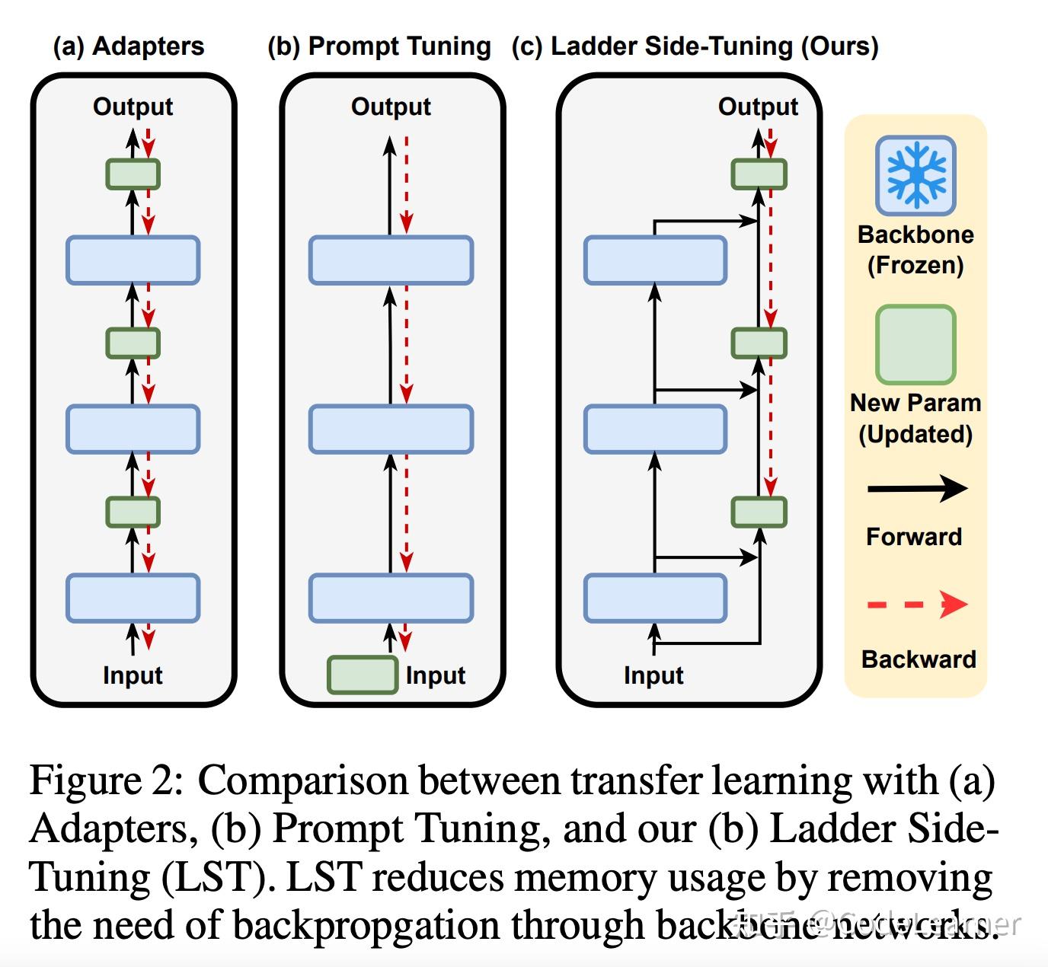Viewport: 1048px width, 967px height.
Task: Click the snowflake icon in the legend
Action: pos(915,175)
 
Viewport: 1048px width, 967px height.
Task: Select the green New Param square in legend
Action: pos(915,344)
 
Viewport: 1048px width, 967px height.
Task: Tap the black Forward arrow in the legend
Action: pos(917,488)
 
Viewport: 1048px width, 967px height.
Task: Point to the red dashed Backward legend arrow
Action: pos(917,605)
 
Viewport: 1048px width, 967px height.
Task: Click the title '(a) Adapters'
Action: pos(128,46)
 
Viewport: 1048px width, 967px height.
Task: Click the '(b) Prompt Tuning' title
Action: pos(379,46)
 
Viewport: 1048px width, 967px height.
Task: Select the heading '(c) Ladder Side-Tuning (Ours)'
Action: pos(695,46)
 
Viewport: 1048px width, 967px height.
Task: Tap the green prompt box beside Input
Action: pos(362,675)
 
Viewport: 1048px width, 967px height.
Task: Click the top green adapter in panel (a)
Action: pos(133,174)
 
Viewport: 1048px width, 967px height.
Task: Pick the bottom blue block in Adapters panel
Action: pos(133,598)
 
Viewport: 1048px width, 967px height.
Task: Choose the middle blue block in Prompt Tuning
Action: pos(391,429)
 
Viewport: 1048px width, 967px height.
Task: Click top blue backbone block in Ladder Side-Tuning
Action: pos(655,260)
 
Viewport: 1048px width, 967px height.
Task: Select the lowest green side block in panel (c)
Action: pos(759,512)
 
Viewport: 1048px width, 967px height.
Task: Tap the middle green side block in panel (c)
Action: pos(759,343)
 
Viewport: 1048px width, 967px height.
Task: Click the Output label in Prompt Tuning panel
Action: pos(391,107)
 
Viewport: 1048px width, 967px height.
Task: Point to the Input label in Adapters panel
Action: pos(133,675)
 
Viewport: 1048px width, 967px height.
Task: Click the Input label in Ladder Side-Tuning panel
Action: pos(653,675)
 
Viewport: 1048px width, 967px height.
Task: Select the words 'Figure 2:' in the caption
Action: pos(107,781)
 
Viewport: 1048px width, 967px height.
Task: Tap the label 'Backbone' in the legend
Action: pos(915,235)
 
